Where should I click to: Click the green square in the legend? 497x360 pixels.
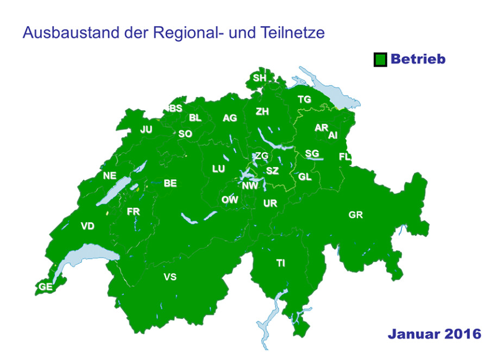tap(380, 60)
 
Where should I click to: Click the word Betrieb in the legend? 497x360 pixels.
tap(418, 59)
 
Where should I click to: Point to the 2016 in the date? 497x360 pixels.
tap(461, 333)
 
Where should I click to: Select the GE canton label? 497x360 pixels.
tap(46, 287)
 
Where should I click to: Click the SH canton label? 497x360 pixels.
tap(260, 78)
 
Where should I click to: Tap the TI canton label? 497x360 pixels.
tap(280, 264)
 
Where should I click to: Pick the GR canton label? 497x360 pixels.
tap(355, 216)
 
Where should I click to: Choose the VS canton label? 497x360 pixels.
tap(170, 277)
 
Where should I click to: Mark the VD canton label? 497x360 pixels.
tap(87, 226)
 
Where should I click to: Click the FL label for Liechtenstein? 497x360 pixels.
tap(344, 157)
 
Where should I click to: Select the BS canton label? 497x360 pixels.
tap(176, 109)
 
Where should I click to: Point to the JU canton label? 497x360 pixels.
tap(146, 130)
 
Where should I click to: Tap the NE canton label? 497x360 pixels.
tap(110, 176)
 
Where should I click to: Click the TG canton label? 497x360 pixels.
tap(304, 99)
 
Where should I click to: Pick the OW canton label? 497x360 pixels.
tap(229, 200)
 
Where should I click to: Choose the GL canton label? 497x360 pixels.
tap(305, 177)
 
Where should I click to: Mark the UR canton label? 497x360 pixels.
tap(270, 204)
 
